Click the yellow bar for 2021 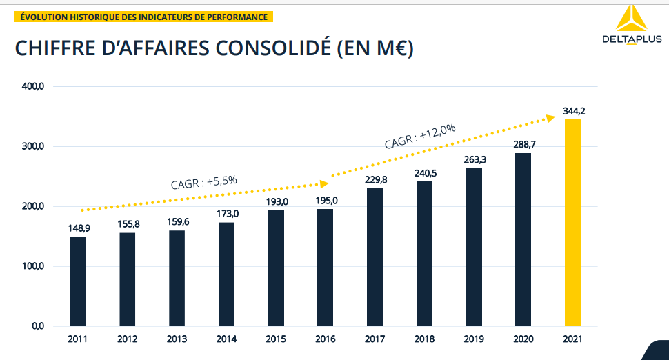pyautogui.click(x=572, y=222)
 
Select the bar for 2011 pyautogui.click(x=78, y=281)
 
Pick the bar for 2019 pyautogui.click(x=474, y=246)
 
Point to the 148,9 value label pyautogui.click(x=78, y=228)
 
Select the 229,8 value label pyautogui.click(x=375, y=179)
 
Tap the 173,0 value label pyautogui.click(x=226, y=214)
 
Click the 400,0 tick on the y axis pyautogui.click(x=33, y=87)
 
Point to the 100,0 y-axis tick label pyautogui.click(x=33, y=266)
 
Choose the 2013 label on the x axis pyautogui.click(x=177, y=339)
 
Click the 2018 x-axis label pyautogui.click(x=424, y=339)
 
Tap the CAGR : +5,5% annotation pyautogui.click(x=203, y=182)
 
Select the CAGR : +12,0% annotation pyautogui.click(x=420, y=136)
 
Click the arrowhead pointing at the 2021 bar pyautogui.click(x=550, y=118)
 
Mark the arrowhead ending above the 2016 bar pyautogui.click(x=323, y=183)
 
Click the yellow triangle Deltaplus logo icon pyautogui.click(x=629, y=20)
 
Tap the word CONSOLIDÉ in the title pyautogui.click(x=270, y=49)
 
